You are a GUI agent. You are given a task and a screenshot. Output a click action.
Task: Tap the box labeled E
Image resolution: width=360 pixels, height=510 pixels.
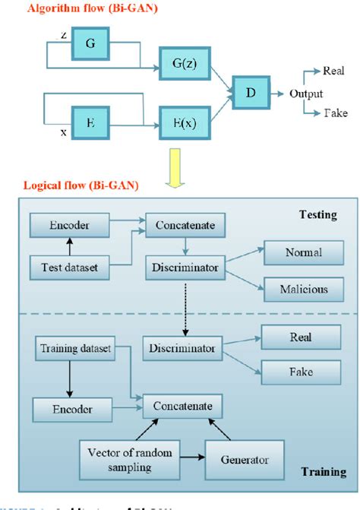pyautogui.click(x=90, y=119)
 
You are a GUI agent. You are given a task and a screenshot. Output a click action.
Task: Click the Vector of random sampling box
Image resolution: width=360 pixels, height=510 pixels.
pyautogui.click(x=118, y=459)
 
